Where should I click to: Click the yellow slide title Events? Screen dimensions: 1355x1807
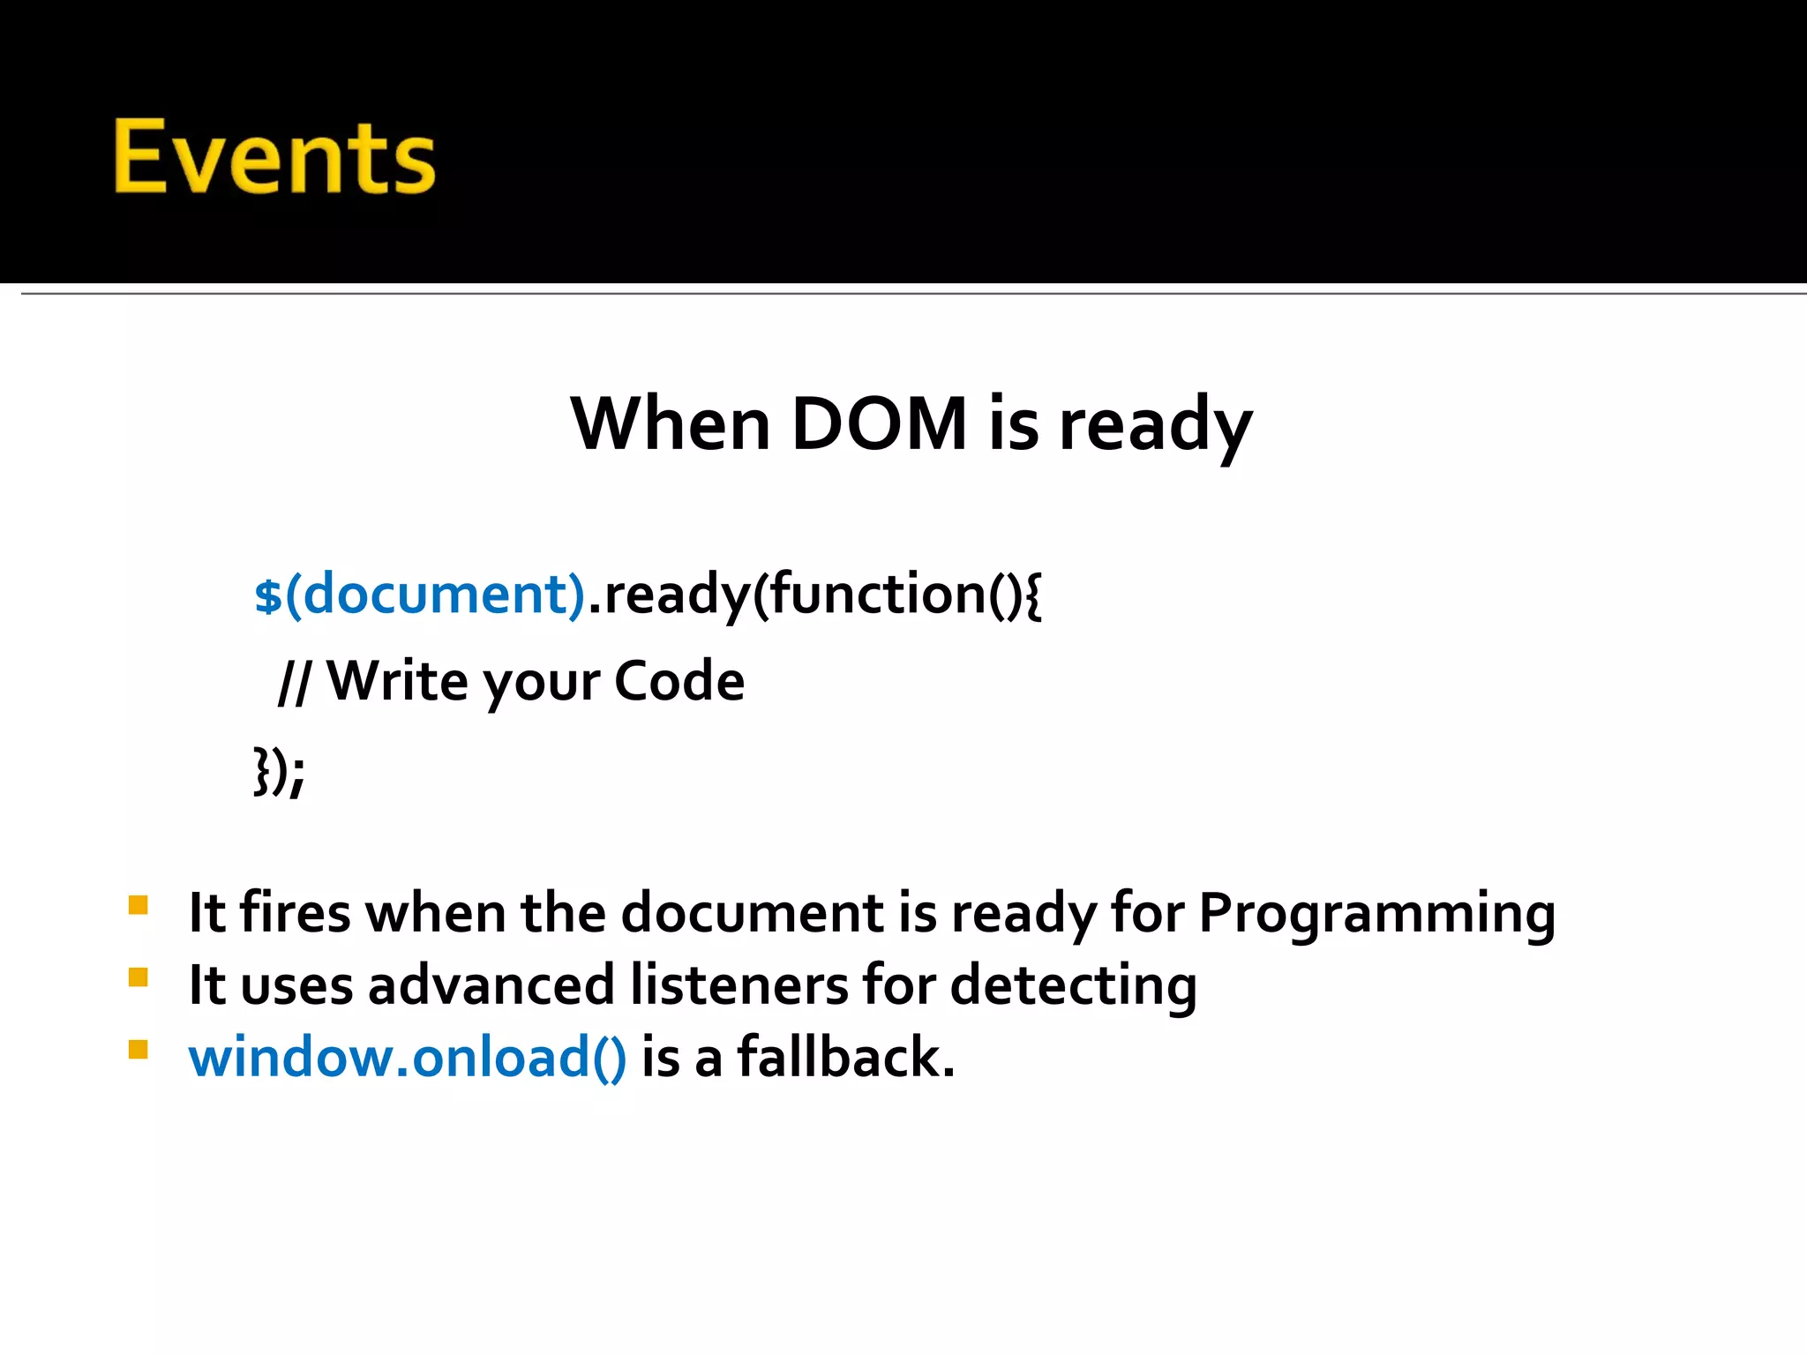(x=274, y=157)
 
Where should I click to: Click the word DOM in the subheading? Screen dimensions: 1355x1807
(x=880, y=424)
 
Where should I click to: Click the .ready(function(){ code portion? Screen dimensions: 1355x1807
(x=814, y=594)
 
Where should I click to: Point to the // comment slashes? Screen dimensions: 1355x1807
(x=294, y=682)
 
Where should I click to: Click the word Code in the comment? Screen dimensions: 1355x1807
(x=679, y=681)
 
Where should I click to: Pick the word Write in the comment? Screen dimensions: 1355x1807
(x=398, y=681)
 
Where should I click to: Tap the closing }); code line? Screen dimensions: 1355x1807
(x=279, y=771)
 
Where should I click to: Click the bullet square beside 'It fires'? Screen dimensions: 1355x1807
(x=138, y=906)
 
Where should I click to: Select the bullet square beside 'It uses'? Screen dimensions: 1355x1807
(x=138, y=977)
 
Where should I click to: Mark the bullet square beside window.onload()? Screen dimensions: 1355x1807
(x=138, y=1050)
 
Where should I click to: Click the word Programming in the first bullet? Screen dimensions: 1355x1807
(x=1376, y=913)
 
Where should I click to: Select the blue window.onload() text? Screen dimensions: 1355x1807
(x=407, y=1057)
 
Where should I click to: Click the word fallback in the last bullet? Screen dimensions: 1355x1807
(x=844, y=1057)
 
